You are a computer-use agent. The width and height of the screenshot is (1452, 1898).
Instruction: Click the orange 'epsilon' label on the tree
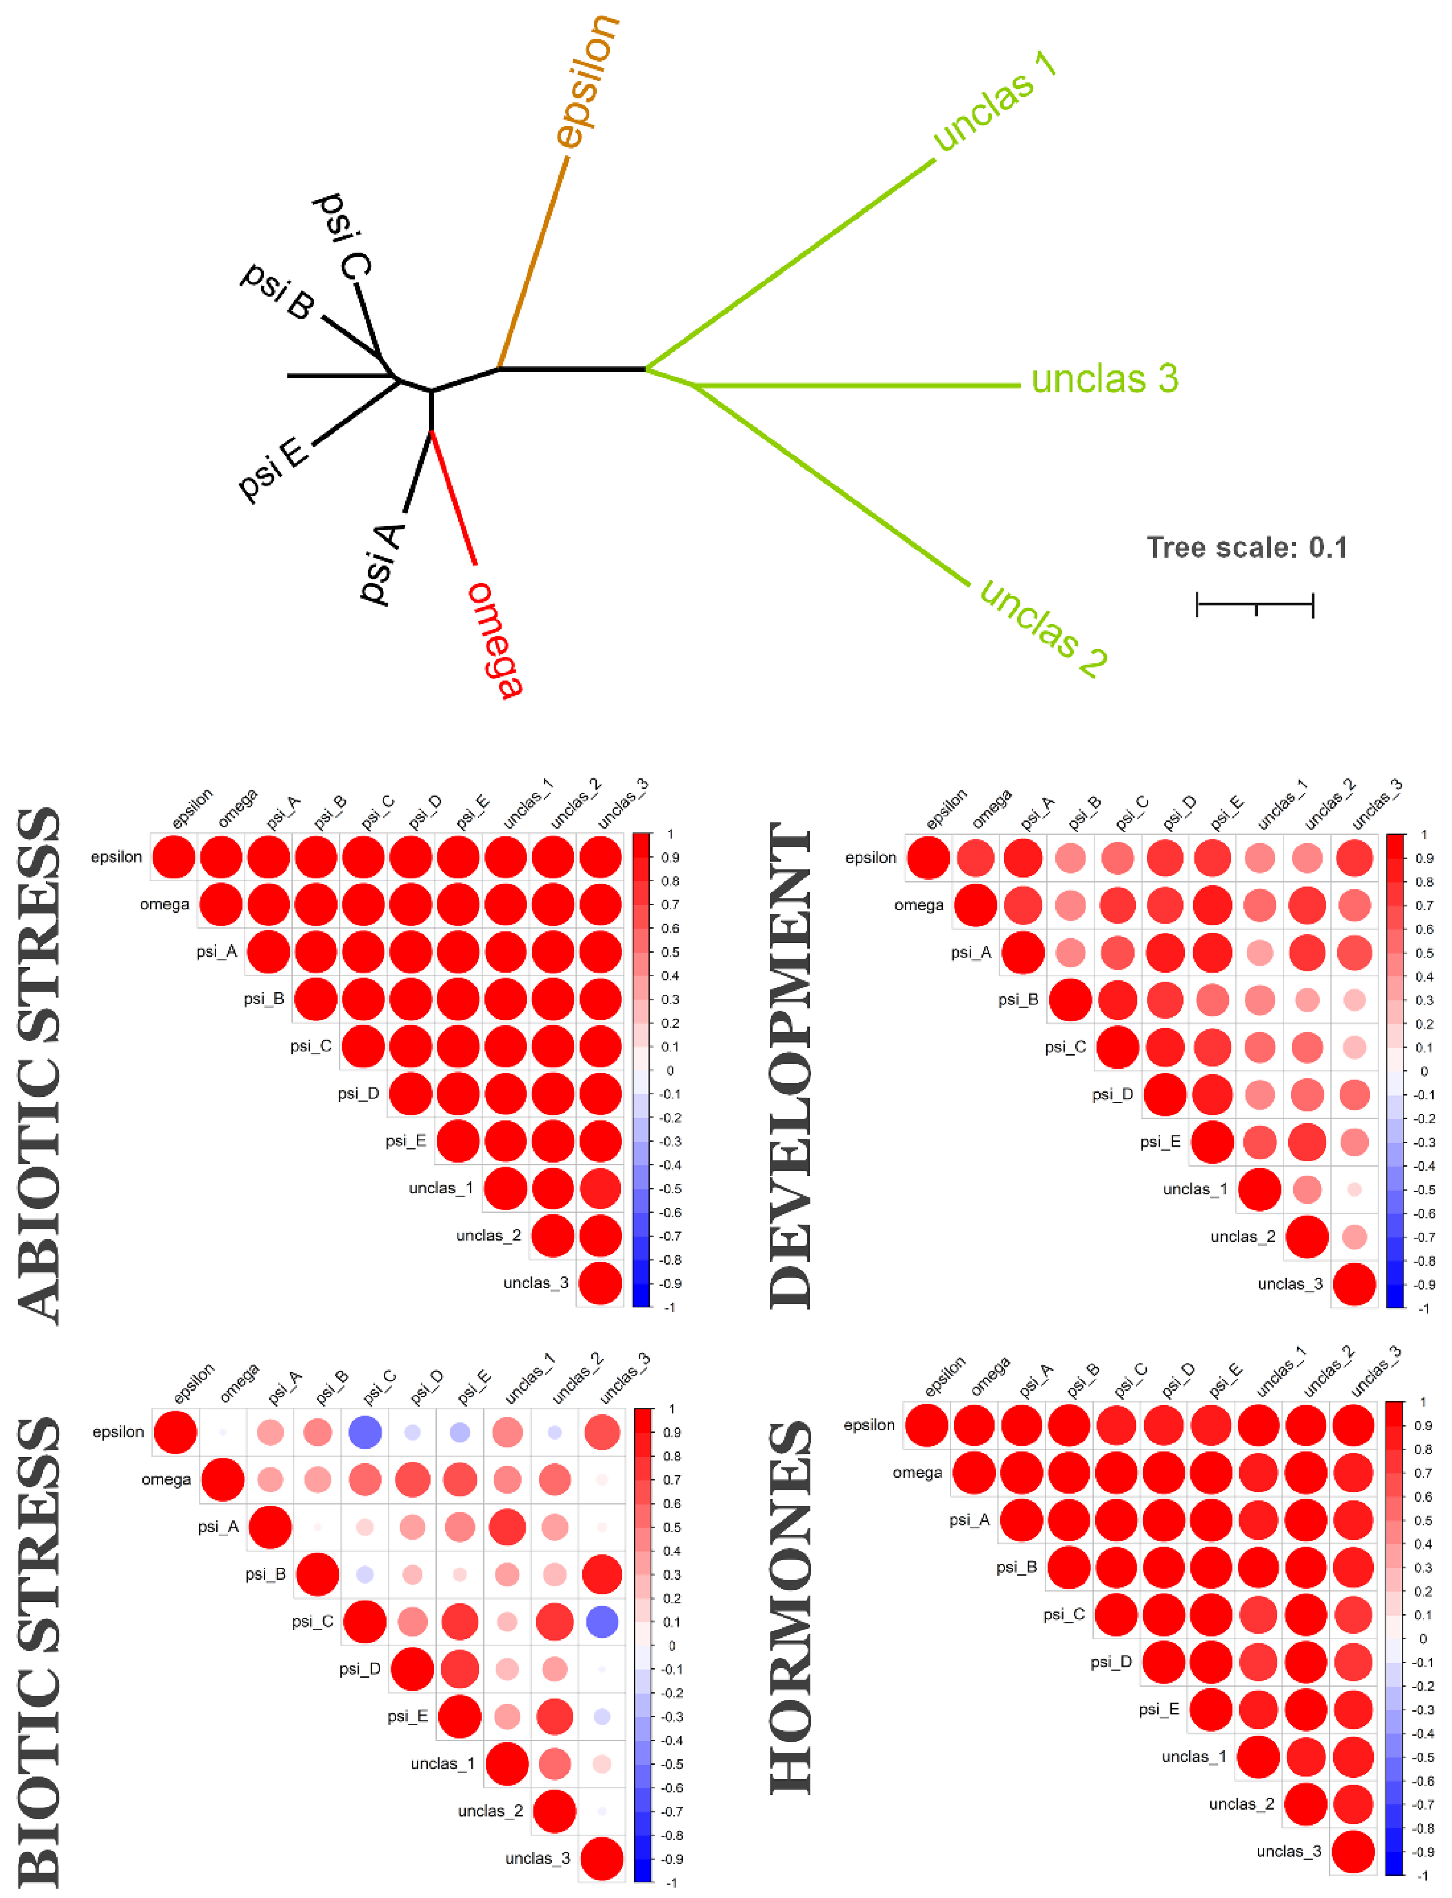(588, 82)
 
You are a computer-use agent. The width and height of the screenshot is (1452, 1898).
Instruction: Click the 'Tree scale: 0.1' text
(1246, 548)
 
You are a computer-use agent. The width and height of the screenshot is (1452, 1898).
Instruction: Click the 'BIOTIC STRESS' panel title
(39, 1650)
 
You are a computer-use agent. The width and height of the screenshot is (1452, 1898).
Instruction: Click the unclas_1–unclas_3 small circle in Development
(1355, 1190)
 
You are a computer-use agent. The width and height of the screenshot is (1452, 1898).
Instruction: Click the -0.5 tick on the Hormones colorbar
(1422, 1757)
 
